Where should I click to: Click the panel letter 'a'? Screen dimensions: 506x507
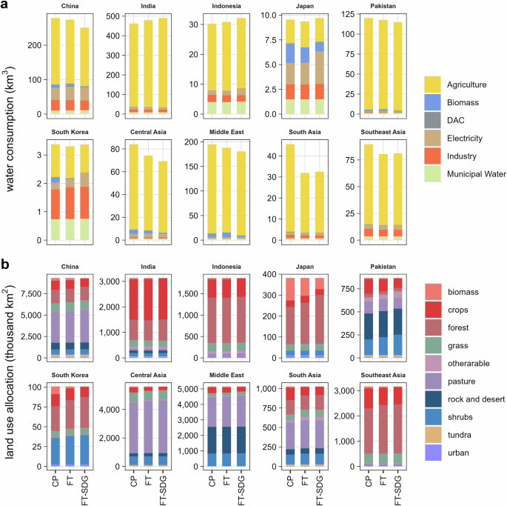coord(5,6)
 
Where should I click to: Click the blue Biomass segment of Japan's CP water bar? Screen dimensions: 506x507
coord(289,53)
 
